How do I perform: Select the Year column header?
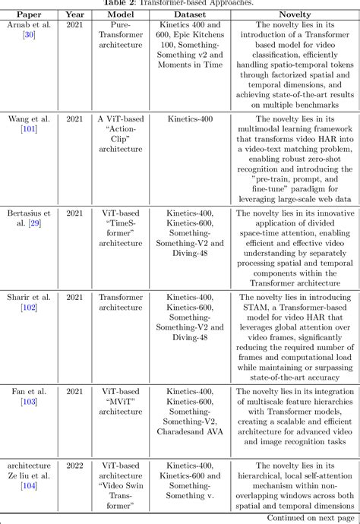click(x=75, y=14)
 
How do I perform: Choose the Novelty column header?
click(x=295, y=14)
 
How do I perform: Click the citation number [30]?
click(x=28, y=35)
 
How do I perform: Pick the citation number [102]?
click(x=28, y=307)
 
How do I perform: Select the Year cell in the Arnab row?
click(x=75, y=25)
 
